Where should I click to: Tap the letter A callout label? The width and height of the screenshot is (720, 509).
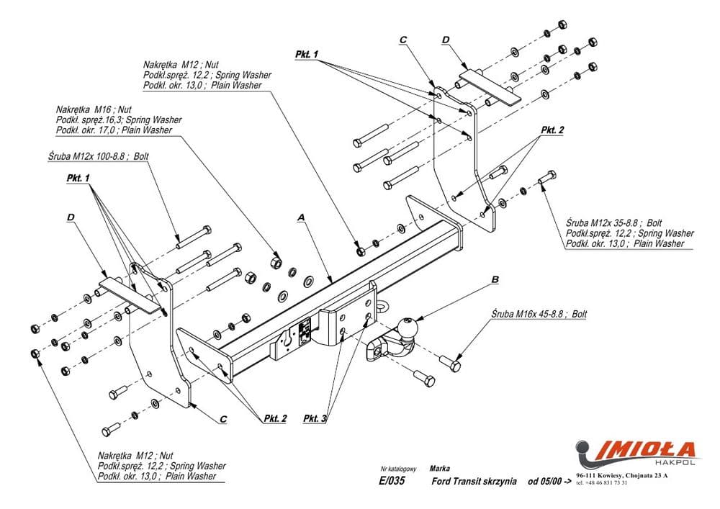pos(301,217)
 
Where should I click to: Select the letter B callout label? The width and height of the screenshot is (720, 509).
pos(495,279)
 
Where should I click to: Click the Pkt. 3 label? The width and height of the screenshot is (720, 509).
pos(315,418)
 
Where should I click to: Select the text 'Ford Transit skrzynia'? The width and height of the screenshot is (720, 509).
pos(473,482)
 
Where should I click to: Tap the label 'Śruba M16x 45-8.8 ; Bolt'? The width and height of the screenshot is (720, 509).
pos(539,315)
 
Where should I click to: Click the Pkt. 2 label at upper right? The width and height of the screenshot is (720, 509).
pos(552,130)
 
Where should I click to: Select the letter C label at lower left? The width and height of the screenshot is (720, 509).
pos(223,418)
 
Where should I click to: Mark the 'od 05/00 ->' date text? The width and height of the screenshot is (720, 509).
pos(550,482)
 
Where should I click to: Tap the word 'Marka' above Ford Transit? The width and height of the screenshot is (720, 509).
pos(439,468)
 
